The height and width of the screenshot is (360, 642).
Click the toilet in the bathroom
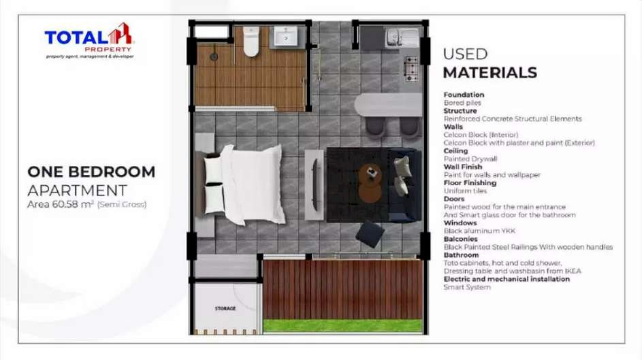(x=251, y=42)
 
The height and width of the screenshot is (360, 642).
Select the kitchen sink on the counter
(x=402, y=37)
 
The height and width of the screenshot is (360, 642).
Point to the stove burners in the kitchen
(x=411, y=69)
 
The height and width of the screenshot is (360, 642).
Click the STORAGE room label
(x=225, y=308)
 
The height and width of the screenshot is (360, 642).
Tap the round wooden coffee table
(x=370, y=183)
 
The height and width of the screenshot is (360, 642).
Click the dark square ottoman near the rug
(x=370, y=234)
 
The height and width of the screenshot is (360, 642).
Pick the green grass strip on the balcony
(x=342, y=326)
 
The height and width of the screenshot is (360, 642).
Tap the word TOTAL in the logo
(x=76, y=38)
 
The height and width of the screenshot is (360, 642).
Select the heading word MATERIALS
(x=489, y=73)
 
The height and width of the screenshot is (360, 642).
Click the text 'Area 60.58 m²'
(x=61, y=204)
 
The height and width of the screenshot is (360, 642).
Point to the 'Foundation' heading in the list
(x=464, y=95)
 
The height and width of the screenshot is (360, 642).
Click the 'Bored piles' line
(x=462, y=103)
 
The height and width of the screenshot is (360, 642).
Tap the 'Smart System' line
(x=467, y=287)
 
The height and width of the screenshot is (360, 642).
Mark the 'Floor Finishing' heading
(x=470, y=183)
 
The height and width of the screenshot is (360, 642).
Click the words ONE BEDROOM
(x=91, y=171)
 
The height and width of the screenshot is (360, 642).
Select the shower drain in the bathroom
(x=214, y=57)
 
